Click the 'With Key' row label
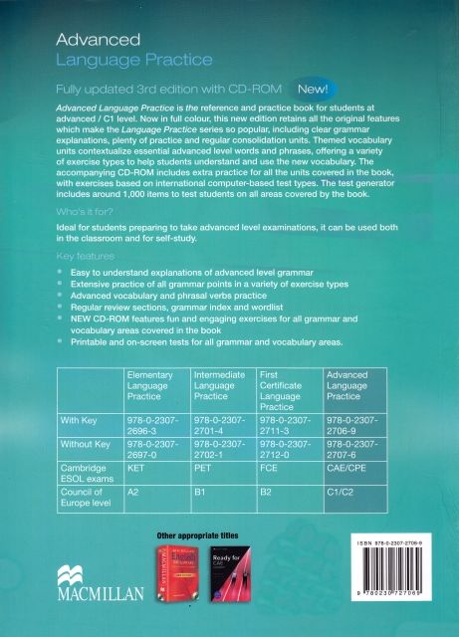pos(84,422)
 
